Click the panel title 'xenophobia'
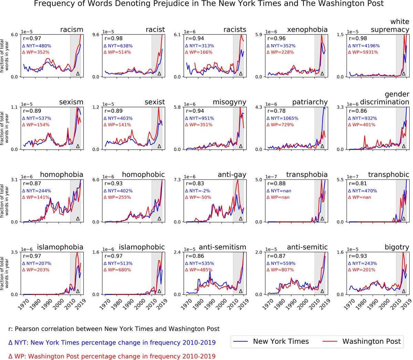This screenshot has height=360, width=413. [x=307, y=30]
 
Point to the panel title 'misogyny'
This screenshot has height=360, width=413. [x=229, y=102]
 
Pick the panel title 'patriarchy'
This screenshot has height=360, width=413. [x=310, y=102]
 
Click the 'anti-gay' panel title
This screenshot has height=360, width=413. [x=232, y=175]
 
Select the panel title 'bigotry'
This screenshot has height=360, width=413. [x=397, y=247]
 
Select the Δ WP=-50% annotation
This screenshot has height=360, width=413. [x=198, y=197]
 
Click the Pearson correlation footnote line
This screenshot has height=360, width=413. [x=114, y=329]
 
